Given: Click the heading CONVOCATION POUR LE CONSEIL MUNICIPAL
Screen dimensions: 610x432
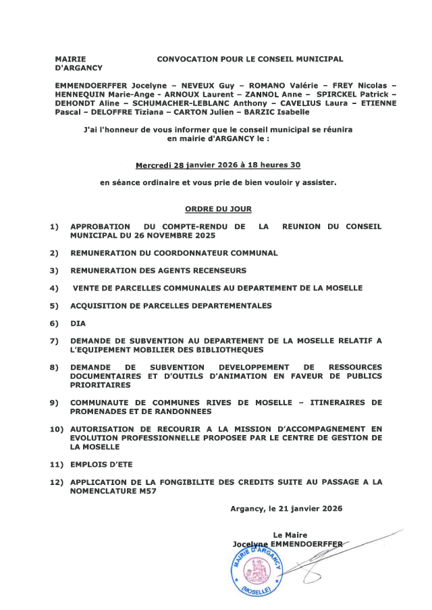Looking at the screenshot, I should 250,59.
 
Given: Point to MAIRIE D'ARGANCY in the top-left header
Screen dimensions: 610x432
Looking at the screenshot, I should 78,63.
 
